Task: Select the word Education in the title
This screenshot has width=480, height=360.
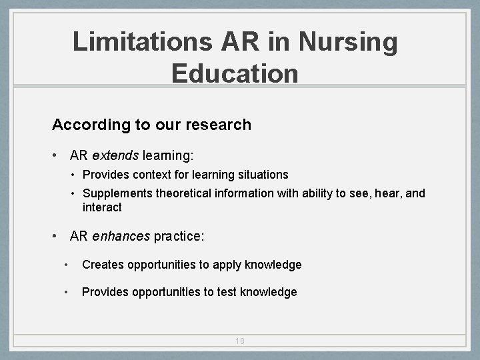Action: coord(235,73)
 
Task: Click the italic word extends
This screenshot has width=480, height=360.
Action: coord(115,156)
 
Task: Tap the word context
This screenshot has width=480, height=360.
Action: coord(156,175)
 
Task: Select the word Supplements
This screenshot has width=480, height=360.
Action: coord(117,194)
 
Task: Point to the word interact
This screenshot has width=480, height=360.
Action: coord(102,207)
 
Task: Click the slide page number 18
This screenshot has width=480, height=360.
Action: coord(240,341)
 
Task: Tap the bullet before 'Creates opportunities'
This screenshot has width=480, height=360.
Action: coord(65,265)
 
